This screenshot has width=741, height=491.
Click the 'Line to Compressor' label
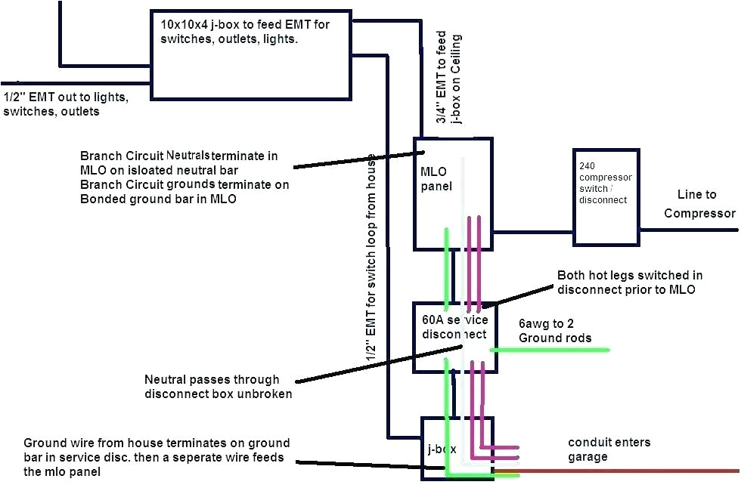(699, 204)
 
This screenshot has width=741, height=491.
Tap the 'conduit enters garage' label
(609, 449)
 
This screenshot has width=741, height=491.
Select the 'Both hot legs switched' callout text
(626, 283)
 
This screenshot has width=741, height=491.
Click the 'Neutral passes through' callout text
(219, 386)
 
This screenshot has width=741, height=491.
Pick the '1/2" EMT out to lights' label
(66, 104)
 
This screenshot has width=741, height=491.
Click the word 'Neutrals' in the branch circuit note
(188, 155)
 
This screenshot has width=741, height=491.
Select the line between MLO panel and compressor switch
(533, 232)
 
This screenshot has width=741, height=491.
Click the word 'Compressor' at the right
(699, 213)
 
